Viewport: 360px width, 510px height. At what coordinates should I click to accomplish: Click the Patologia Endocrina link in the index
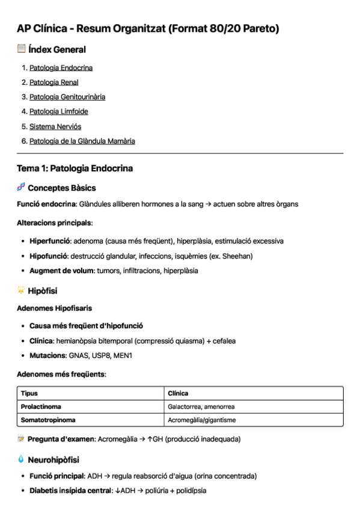[61, 68]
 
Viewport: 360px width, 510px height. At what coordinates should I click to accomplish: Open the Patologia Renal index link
[53, 82]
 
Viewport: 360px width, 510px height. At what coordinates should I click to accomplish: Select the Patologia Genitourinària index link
[67, 97]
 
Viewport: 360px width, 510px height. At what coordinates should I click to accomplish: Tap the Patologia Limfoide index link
[58, 112]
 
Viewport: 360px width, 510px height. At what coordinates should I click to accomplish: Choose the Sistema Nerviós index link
[55, 126]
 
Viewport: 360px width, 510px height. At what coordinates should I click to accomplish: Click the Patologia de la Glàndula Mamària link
[82, 141]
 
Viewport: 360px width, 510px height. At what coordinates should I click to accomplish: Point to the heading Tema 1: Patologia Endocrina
[75, 168]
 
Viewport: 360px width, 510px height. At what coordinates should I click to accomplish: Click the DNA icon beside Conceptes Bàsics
[21, 188]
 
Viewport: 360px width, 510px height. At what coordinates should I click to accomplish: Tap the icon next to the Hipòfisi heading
[21, 290]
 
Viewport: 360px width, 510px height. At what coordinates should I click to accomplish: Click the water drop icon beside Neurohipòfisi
[21, 460]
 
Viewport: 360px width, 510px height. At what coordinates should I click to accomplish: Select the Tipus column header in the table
[29, 393]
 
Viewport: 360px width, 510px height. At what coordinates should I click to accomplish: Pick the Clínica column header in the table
[178, 393]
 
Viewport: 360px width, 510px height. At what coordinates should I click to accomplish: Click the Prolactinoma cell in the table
[41, 407]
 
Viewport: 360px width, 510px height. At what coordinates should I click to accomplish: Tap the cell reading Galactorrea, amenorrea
[201, 407]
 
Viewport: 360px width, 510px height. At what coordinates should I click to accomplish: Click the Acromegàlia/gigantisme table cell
[202, 420]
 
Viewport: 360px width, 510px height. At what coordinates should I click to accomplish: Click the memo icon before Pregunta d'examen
[21, 439]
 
